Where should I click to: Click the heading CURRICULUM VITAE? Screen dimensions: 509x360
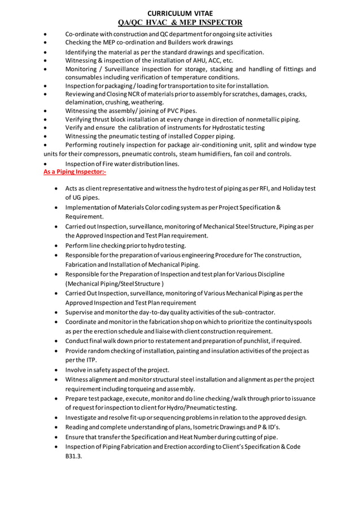point(179,13)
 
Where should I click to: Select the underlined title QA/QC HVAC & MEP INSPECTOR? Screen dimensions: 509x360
point(179,23)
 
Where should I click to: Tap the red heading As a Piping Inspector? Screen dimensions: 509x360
point(74,172)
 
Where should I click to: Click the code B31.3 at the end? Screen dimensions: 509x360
point(74,457)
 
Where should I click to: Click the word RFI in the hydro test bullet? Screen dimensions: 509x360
point(263,188)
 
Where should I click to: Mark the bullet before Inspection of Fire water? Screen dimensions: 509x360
point(46,164)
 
